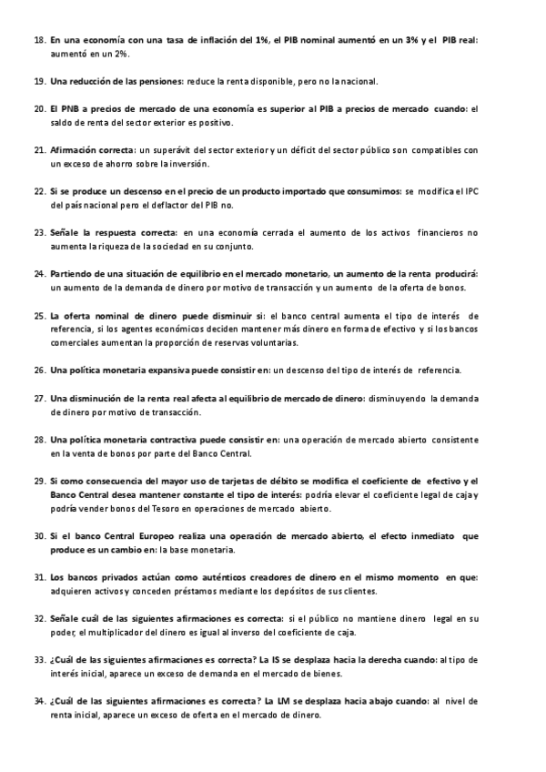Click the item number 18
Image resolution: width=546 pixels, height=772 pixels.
[x=39, y=41]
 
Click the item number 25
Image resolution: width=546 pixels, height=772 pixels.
[x=39, y=316]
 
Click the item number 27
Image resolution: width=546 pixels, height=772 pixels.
[x=39, y=398]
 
